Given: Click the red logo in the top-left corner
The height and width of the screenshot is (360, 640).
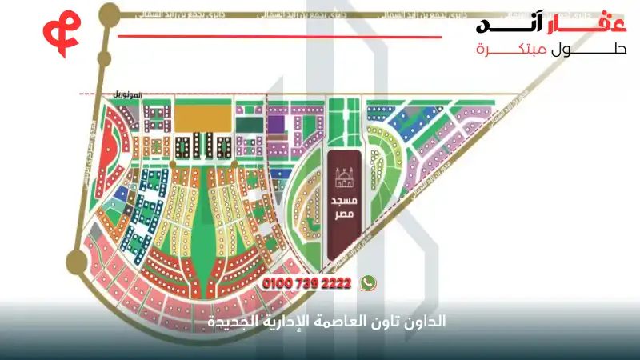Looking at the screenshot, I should pyautogui.click(x=58, y=31).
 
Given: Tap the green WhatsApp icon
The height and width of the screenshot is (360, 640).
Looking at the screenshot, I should pyautogui.click(x=368, y=282).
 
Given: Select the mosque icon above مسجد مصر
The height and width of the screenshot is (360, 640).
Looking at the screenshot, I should pyautogui.click(x=342, y=175).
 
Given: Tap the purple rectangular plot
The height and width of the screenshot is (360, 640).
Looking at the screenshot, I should pyautogui.click(x=276, y=124).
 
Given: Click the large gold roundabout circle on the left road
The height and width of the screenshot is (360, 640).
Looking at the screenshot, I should pyautogui.click(x=77, y=259).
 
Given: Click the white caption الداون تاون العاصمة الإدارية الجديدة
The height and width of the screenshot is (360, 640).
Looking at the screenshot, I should pyautogui.click(x=319, y=322).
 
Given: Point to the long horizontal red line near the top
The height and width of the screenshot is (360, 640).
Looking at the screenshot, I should pyautogui.click(x=280, y=36).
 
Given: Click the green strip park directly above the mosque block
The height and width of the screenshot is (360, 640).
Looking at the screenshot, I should pyautogui.click(x=342, y=120).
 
